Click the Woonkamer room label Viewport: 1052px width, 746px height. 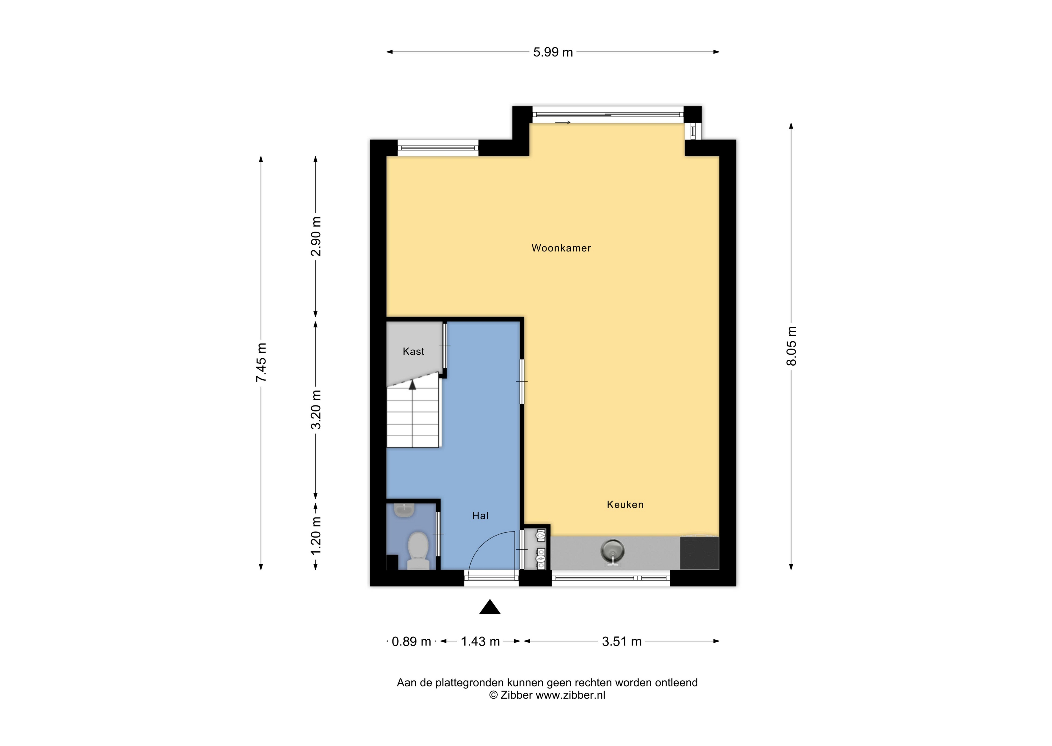pos(561,248)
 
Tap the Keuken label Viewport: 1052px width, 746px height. pos(625,504)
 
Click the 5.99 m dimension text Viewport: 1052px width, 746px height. pos(553,52)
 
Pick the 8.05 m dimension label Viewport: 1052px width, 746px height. pos(791,346)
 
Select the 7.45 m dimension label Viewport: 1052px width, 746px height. pos(261,362)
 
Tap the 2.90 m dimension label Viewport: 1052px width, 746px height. pos(315,237)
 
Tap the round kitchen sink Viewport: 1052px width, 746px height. pos(612,552)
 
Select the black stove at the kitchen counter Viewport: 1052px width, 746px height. pos(699,553)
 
